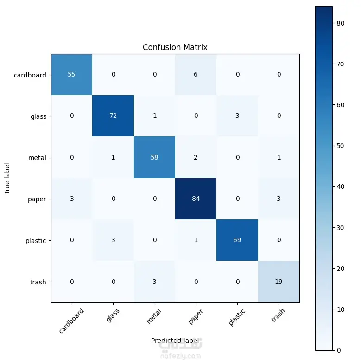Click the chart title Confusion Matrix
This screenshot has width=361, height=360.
pyautogui.click(x=175, y=47)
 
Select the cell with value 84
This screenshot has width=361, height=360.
pyautogui.click(x=196, y=199)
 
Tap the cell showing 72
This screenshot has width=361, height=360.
pyautogui.click(x=113, y=116)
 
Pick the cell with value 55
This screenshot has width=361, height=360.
pyautogui.click(x=71, y=75)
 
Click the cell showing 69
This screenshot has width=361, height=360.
pyautogui.click(x=237, y=240)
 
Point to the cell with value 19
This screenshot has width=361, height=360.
pyautogui.click(x=279, y=282)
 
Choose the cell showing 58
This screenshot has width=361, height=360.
pyautogui.click(x=154, y=158)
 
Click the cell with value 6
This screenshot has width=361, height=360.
pyautogui.click(x=196, y=75)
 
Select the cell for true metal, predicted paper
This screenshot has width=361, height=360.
pyautogui.click(x=196, y=158)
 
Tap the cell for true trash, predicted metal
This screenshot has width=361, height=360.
pyautogui.click(x=154, y=282)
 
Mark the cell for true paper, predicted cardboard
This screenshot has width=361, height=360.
pyautogui.click(x=71, y=199)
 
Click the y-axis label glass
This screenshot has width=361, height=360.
pyautogui.click(x=38, y=116)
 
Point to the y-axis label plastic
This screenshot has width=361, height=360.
pyautogui.click(x=36, y=241)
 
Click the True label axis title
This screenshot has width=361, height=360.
pyautogui.click(x=7, y=178)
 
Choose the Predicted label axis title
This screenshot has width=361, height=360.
pyautogui.click(x=175, y=340)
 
